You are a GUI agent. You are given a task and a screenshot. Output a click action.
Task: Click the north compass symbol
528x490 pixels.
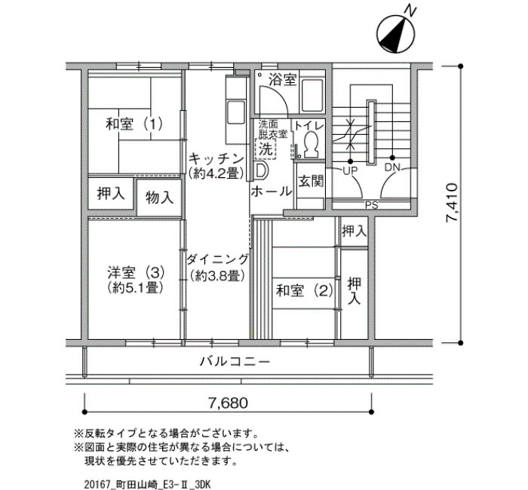pyautogui.click(x=395, y=34)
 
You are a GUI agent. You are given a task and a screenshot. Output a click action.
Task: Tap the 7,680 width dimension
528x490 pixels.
pyautogui.click(x=228, y=403)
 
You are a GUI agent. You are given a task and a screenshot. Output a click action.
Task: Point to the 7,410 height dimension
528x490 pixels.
pyautogui.click(x=452, y=202)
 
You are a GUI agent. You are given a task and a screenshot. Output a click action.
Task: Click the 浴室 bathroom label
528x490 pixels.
pyautogui.click(x=283, y=80)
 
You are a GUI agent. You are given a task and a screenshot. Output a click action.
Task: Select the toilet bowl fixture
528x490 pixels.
pyautogui.click(x=311, y=144)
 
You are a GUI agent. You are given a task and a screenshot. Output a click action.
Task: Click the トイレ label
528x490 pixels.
pyautogui.click(x=309, y=126)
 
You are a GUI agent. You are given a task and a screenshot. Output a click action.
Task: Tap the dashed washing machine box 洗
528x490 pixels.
pyautogui.click(x=266, y=149)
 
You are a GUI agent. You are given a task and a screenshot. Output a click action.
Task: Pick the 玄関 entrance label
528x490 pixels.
pyautogui.click(x=311, y=182)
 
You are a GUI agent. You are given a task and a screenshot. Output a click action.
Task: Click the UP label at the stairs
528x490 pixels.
pyautogui.click(x=350, y=170)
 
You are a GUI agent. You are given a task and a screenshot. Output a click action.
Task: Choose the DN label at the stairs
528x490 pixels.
pyautogui.click(x=392, y=167)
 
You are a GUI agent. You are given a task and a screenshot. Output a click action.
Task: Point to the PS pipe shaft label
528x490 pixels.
pyautogui.click(x=371, y=204)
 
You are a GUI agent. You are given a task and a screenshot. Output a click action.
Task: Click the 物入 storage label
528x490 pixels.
pyautogui.click(x=160, y=198)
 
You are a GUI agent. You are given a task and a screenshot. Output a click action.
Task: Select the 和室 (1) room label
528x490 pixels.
pyautogui.click(x=134, y=124)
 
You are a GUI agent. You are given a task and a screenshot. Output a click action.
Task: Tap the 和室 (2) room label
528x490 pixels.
pyautogui.click(x=305, y=290)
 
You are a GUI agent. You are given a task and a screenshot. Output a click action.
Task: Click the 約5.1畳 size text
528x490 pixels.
pyautogui.click(x=135, y=288)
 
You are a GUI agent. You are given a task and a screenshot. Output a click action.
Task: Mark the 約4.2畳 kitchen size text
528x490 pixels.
pyautogui.click(x=216, y=173)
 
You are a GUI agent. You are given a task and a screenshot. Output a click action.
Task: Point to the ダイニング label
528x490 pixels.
pyautogui.click(x=217, y=259)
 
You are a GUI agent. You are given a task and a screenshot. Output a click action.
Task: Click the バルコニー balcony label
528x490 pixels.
pyautogui.click(x=235, y=362)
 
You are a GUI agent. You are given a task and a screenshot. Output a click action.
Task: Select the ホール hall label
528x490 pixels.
pyautogui.click(x=272, y=191)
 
